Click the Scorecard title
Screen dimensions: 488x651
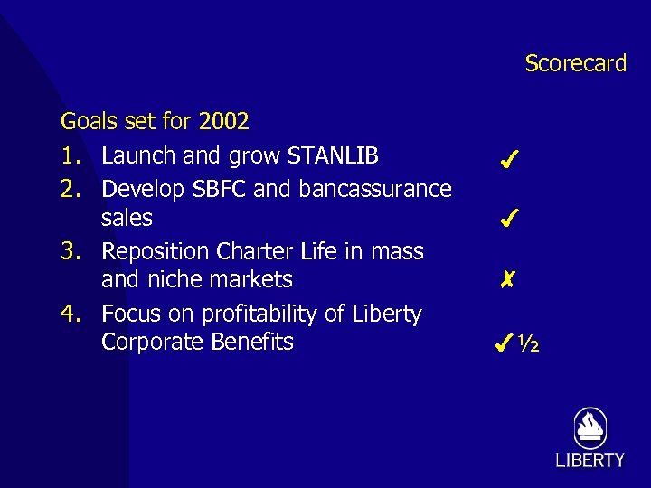tap(575, 63)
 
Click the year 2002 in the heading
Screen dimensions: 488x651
tap(223, 121)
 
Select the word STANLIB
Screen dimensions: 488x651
tap(333, 155)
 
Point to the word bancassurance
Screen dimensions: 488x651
tap(376, 189)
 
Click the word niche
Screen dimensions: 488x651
tap(173, 279)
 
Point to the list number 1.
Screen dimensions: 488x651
tap(69, 155)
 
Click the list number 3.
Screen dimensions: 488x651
tap(69, 250)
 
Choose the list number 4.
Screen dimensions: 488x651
tap(69, 314)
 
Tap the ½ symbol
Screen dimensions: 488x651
tap(529, 343)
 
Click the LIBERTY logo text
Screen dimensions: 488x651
tap(590, 460)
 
